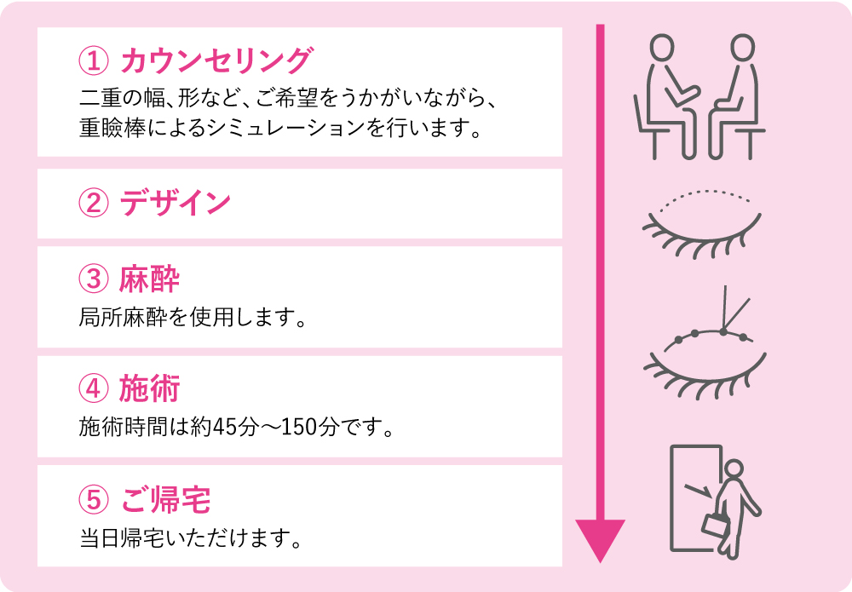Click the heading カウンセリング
[216, 60]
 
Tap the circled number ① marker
[94, 60]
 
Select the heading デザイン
[175, 203]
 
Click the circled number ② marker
[94, 204]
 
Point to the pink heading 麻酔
[149, 279]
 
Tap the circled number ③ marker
[94, 279]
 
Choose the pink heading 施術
[149, 389]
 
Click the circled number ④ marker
[94, 389]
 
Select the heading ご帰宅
[165, 499]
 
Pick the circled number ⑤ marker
[94, 499]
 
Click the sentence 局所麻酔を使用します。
[193, 318]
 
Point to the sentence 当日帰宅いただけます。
[190, 538]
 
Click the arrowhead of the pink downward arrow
[601, 537]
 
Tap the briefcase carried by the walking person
[715, 525]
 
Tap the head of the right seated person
[742, 47]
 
